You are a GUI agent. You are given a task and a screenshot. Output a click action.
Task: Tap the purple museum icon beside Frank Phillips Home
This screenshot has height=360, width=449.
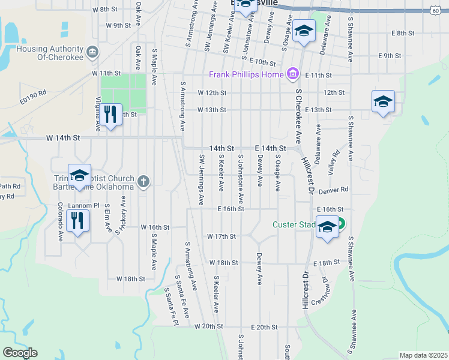point(292,74)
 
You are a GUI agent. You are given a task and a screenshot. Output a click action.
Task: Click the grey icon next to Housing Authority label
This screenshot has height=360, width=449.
point(92,52)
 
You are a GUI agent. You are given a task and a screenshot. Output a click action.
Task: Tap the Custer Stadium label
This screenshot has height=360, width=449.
point(294,225)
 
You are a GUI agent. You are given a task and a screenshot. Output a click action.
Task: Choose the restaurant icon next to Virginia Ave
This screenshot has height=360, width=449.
point(110,114)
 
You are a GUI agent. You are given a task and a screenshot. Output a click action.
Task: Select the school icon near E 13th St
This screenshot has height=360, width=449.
point(382,101)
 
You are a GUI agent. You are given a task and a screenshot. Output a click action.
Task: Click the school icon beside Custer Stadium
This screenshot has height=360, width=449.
point(327,228)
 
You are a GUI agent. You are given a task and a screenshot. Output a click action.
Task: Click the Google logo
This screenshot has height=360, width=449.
point(20,353)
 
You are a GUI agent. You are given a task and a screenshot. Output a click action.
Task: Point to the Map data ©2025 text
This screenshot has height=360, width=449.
point(423,355)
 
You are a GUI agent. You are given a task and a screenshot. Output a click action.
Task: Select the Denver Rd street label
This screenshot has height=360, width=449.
point(334,190)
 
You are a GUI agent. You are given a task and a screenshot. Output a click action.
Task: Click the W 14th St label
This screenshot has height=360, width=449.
point(63,137)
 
